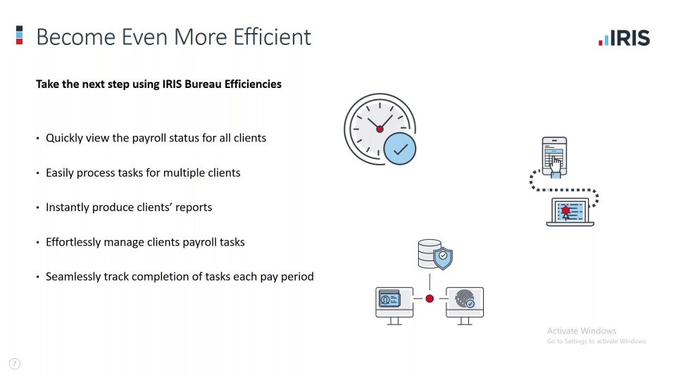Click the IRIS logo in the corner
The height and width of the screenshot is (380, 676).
[x=624, y=38]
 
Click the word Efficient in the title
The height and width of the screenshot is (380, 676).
[x=272, y=37]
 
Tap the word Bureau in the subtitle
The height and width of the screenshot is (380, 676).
[x=203, y=84]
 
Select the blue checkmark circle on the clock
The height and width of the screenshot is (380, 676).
[x=400, y=148]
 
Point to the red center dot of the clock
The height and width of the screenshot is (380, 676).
[x=380, y=129]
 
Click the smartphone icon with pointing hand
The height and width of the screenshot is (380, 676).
[x=554, y=157]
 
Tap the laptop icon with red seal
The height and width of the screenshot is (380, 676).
[x=570, y=212]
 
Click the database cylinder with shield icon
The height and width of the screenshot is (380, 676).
[x=435, y=255]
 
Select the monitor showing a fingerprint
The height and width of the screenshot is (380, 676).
[x=465, y=305]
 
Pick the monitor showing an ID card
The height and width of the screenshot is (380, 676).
[x=394, y=305]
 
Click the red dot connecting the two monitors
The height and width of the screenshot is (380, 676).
[x=430, y=298]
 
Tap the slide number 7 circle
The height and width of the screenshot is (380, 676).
[x=15, y=364]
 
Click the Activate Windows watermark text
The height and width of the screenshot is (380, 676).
[x=582, y=331]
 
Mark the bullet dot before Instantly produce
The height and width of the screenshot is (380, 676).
[x=37, y=208]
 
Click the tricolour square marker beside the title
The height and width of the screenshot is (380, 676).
[x=20, y=35]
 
